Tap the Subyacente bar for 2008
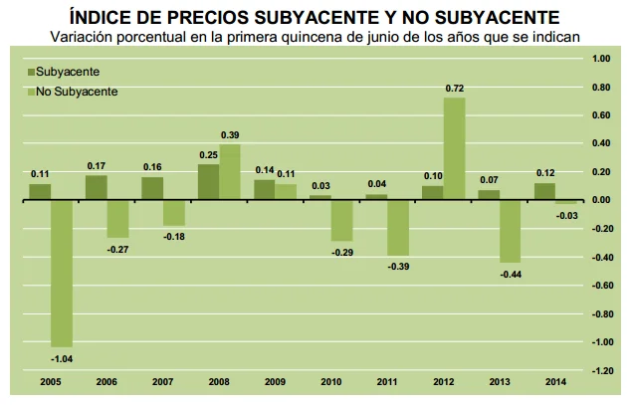209,182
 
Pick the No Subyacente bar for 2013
511,231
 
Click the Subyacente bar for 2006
97,187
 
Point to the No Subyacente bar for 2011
398,228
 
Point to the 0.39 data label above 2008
231,135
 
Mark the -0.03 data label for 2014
567,216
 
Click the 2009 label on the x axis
265,382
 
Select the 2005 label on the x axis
40,382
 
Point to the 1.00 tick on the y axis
602,58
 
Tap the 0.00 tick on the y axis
602,200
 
